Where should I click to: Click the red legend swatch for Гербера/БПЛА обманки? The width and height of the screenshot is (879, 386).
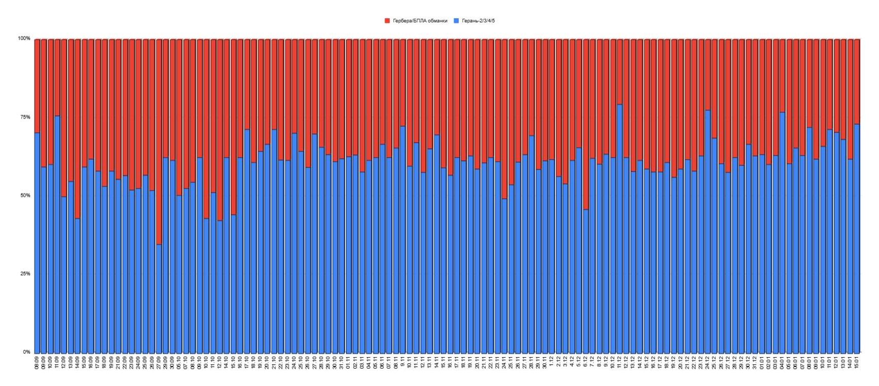(387, 21)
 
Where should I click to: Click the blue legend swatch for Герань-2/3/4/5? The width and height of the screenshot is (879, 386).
(456, 21)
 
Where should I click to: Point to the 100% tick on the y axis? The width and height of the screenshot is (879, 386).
(24, 39)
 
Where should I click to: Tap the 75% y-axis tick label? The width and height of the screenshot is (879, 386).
(24, 117)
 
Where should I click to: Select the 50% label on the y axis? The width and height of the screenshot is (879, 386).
(24, 195)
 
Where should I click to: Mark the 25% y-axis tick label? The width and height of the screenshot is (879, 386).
(24, 274)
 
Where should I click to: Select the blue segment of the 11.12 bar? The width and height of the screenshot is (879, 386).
(620, 228)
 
